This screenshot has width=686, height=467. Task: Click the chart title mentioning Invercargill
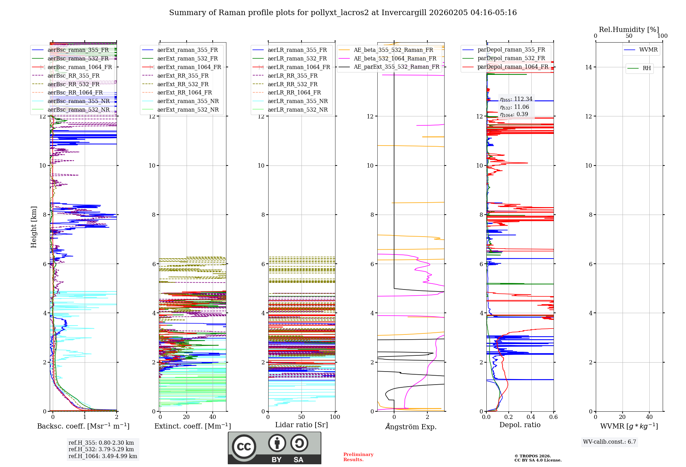click(x=343, y=13)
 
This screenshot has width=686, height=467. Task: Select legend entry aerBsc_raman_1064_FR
click(x=80, y=67)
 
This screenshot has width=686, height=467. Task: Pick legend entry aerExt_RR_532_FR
click(x=183, y=84)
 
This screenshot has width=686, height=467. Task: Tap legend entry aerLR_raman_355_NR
click(x=297, y=101)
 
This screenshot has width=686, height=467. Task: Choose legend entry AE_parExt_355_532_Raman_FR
click(x=396, y=67)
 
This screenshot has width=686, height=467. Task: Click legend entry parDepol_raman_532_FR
click(x=511, y=58)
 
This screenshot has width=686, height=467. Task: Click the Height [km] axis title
click(x=34, y=227)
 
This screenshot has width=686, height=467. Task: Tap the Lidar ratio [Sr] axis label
click(x=301, y=425)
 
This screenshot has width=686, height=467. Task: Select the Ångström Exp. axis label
click(x=411, y=426)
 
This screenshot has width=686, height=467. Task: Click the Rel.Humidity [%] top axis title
click(x=629, y=30)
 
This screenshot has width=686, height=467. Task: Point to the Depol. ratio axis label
click(x=520, y=425)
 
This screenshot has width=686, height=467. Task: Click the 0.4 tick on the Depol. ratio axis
click(x=531, y=417)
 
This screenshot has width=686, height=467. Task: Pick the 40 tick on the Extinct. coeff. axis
click(x=213, y=417)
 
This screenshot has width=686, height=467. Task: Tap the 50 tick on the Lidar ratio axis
click(x=301, y=417)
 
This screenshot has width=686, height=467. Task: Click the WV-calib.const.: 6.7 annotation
click(x=610, y=442)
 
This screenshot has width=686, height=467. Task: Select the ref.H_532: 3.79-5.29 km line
click(x=101, y=449)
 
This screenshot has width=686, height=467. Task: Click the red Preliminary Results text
click(x=358, y=457)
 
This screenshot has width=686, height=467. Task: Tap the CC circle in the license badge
click(x=244, y=446)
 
